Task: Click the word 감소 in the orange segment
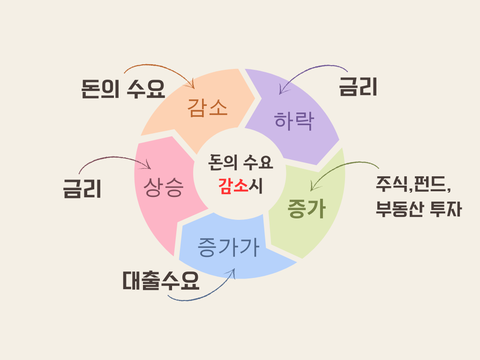208,108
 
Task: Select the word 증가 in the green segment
306,209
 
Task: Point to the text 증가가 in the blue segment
228,247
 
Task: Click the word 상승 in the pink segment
164,187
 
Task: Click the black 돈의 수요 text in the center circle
240,163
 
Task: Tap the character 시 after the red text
257,187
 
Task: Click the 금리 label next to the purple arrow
358,87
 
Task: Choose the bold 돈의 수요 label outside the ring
123,89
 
